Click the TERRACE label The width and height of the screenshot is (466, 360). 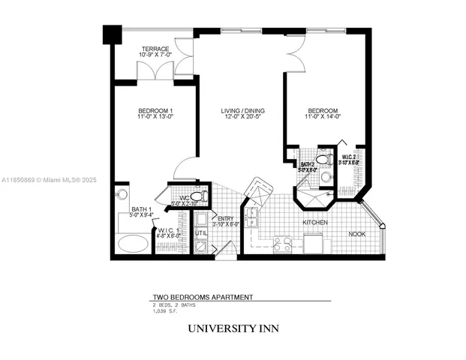(155, 49)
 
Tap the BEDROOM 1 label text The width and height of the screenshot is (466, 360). (155, 111)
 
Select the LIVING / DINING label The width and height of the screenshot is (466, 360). (242, 111)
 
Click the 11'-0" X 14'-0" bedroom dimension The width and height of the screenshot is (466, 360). (323, 117)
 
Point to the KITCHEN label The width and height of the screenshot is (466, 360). (315, 223)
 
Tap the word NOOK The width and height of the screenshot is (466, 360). (358, 234)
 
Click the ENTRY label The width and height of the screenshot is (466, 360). (224, 218)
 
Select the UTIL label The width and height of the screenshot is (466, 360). (200, 234)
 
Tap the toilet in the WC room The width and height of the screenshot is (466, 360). (197, 196)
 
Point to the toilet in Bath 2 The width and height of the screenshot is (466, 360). (323, 159)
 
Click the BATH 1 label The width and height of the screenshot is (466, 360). (141, 209)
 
